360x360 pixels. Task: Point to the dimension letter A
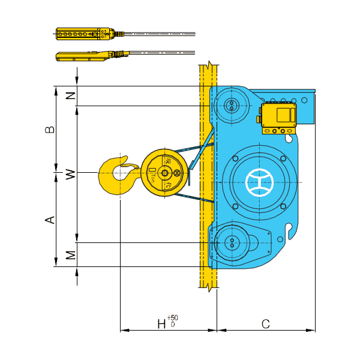[52, 220]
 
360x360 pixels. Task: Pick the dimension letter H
[161, 324]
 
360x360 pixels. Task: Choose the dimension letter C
[265, 324]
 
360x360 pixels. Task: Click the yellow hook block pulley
[162, 172]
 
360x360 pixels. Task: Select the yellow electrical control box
[278, 115]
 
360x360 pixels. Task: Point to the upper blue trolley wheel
[230, 107]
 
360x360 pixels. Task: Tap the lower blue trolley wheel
[230, 244]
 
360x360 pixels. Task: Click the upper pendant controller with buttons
[85, 34]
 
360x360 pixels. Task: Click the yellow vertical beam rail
[207, 180]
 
